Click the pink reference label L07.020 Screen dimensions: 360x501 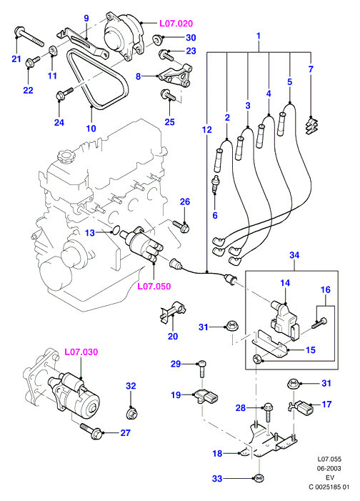pyautogui.click(x=176, y=24)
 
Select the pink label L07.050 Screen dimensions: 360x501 pyautogui.click(x=154, y=287)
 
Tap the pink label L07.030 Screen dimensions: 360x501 pyautogui.click(x=81, y=352)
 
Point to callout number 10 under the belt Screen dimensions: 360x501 pyautogui.click(x=91, y=129)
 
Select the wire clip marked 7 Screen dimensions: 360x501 pyautogui.click(x=312, y=127)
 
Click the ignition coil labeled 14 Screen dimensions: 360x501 pyautogui.click(x=284, y=319)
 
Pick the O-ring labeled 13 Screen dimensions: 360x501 pyautogui.click(x=116, y=229)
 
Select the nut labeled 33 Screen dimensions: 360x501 pyautogui.click(x=257, y=478)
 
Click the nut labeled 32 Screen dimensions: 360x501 pyautogui.click(x=131, y=413)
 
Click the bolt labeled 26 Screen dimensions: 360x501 pyautogui.click(x=181, y=226)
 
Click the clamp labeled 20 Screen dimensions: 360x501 pyautogui.click(x=173, y=311)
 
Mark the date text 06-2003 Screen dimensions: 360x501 pyautogui.click(x=329, y=468)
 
